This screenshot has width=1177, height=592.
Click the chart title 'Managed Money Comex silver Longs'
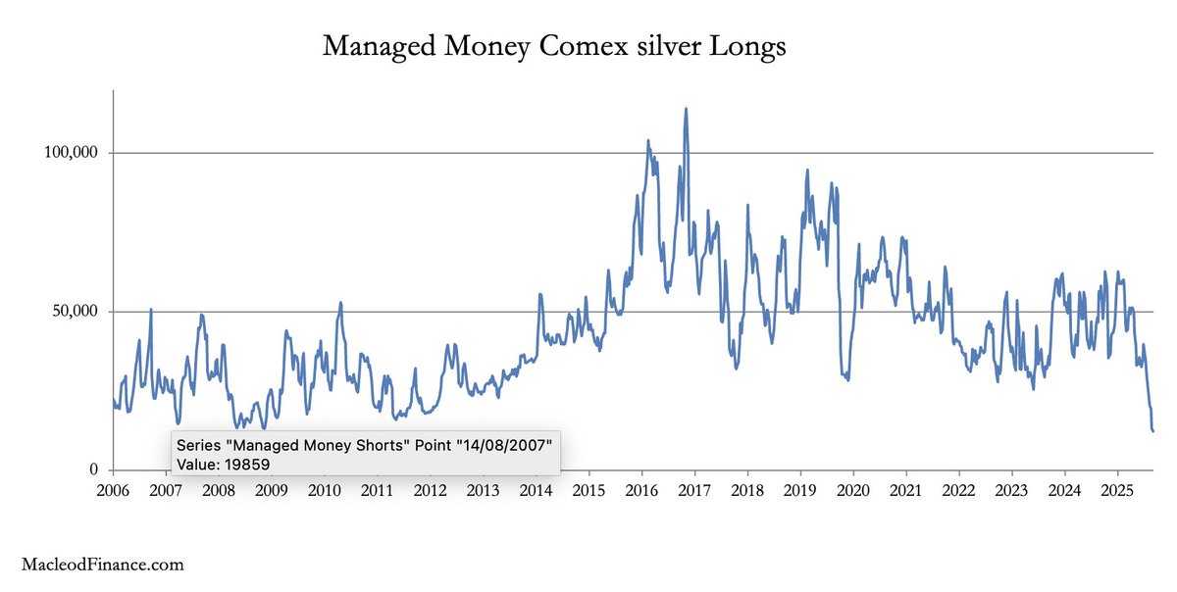[554, 46]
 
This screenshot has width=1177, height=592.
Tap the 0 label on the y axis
[95, 470]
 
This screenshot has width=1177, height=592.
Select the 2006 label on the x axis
[113, 488]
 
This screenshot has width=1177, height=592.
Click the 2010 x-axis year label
[325, 488]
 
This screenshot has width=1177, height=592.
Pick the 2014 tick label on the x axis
[536, 488]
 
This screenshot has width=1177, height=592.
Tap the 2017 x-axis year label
[694, 488]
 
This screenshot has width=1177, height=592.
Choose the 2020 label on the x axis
[853, 488]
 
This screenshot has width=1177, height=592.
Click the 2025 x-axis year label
[1117, 488]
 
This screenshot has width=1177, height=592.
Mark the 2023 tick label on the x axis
[1011, 488]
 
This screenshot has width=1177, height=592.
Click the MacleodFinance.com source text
[103, 565]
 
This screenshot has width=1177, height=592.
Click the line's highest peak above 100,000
[686, 109]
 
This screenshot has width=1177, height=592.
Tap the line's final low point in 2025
[1153, 430]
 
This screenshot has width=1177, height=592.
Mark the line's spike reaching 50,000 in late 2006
[151, 310]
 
